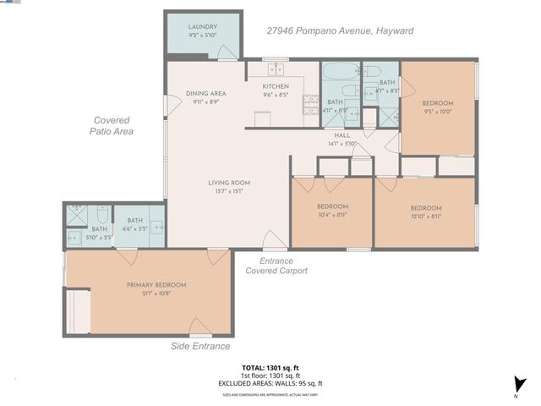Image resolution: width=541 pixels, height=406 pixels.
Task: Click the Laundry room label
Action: (202, 27)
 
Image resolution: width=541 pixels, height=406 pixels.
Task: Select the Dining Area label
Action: (205, 94)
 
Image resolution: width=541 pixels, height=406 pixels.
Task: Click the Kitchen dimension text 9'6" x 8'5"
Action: (276, 95)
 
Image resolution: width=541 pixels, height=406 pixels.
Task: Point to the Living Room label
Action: (229, 183)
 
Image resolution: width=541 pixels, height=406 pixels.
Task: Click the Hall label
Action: (342, 135)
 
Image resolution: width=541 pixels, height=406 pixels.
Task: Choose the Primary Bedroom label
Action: (156, 285)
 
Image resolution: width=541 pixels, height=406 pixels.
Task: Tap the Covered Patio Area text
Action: (112, 125)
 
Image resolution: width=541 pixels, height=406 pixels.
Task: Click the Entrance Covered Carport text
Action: (276, 266)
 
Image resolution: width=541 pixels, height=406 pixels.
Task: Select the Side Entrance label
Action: (201, 346)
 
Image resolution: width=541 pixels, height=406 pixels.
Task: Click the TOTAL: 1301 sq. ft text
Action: (270, 368)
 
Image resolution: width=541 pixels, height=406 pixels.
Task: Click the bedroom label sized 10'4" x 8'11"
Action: (332, 207)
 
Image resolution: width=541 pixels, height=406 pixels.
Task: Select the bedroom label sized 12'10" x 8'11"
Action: (425, 208)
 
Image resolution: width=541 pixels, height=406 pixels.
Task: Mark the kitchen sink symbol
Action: (276, 69)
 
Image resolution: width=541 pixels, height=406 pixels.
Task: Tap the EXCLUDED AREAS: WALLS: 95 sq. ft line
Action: (270, 383)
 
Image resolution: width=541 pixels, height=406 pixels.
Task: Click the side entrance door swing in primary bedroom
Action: (199, 326)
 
